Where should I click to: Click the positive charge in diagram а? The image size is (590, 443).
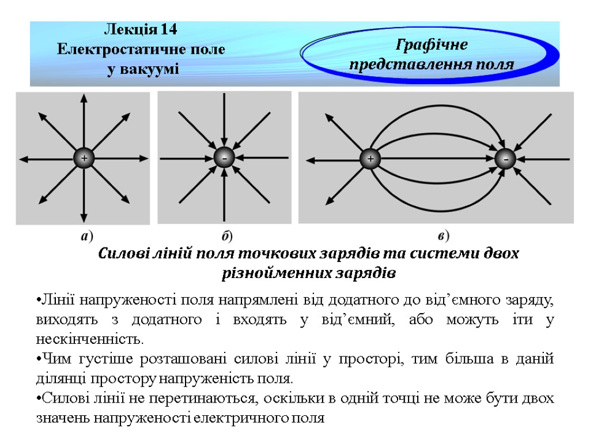(x=84, y=158)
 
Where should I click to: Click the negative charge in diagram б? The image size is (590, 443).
(x=224, y=157)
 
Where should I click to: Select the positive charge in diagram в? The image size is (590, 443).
(x=370, y=159)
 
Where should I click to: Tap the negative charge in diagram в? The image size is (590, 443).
(x=506, y=159)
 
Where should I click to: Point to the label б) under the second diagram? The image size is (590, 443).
(x=227, y=236)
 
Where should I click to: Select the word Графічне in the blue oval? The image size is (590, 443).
(x=433, y=44)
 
